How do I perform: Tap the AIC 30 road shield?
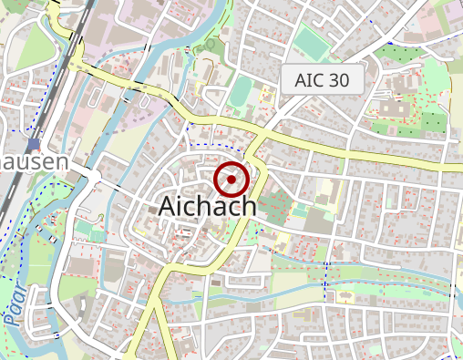click(322, 80)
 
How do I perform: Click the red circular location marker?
click(231, 180)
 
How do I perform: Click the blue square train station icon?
click(34, 144)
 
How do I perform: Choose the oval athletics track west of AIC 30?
click(241, 91)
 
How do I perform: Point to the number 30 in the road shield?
click(336, 80)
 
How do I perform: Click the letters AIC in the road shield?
click(310, 80)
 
